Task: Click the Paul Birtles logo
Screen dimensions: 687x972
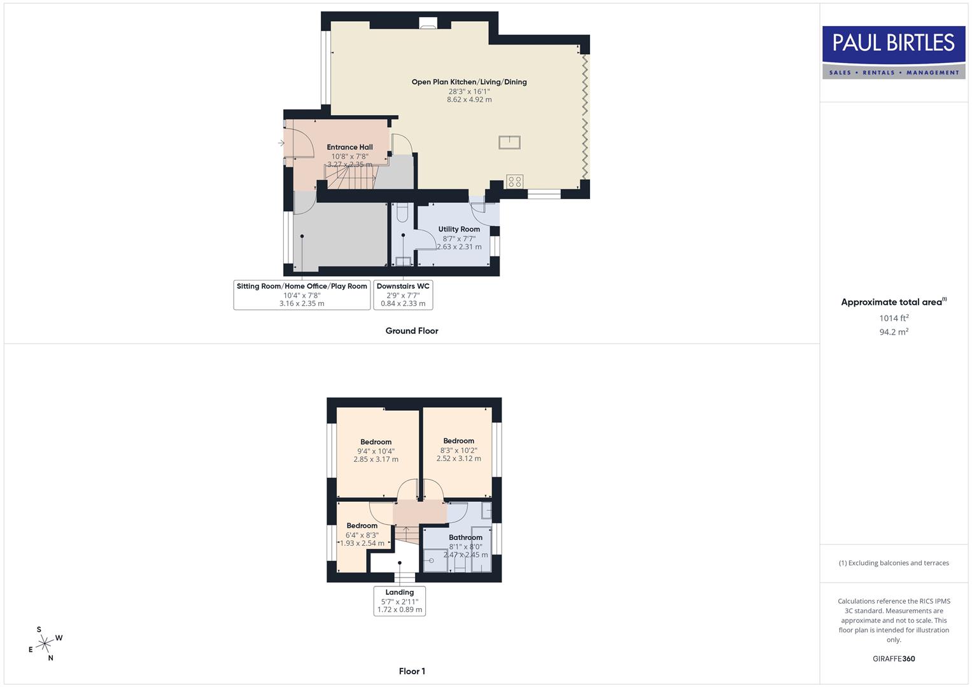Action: pyautogui.click(x=894, y=52)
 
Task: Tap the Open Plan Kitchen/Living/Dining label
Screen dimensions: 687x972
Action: pyautogui.click(x=469, y=82)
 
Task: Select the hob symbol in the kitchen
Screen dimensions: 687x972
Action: pyautogui.click(x=515, y=181)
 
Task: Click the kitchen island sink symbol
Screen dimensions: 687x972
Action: pyautogui.click(x=510, y=142)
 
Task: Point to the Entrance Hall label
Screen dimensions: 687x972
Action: pyautogui.click(x=349, y=148)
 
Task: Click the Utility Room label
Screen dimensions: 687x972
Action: pyautogui.click(x=459, y=230)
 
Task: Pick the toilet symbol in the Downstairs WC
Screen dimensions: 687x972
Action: pyautogui.click(x=402, y=211)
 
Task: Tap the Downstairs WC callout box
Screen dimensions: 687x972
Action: pyautogui.click(x=403, y=295)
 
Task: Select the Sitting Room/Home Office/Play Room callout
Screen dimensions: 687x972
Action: pyautogui.click(x=302, y=295)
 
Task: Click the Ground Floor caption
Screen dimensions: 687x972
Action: pyautogui.click(x=412, y=331)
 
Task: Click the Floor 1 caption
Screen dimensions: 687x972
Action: pyautogui.click(x=412, y=671)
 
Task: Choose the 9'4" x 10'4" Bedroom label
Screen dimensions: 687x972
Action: pyautogui.click(x=376, y=442)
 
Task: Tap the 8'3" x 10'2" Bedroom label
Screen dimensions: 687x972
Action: pyautogui.click(x=458, y=441)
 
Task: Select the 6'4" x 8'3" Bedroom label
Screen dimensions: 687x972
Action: pyautogui.click(x=362, y=526)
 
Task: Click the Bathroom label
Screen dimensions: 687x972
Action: pyautogui.click(x=465, y=538)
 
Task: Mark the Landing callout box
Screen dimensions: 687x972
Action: pyautogui.click(x=399, y=600)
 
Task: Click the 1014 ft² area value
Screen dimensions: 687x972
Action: pyautogui.click(x=894, y=318)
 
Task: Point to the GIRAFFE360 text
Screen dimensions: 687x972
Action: pyautogui.click(x=894, y=659)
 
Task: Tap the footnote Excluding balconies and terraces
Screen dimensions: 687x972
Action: pyautogui.click(x=894, y=563)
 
